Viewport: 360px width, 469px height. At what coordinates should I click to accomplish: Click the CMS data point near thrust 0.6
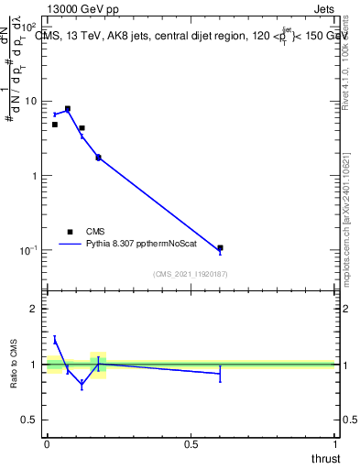point(220,247)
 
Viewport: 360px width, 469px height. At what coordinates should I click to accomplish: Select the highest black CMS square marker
point(68,108)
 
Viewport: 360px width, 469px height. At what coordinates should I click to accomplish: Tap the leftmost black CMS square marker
point(55,125)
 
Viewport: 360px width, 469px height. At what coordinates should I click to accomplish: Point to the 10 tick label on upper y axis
point(30,101)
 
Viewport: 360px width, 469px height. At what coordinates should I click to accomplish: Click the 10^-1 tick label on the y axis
point(27,249)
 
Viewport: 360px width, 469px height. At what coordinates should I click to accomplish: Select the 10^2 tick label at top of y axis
point(27,27)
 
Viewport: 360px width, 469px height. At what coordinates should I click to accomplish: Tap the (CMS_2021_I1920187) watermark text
point(191,274)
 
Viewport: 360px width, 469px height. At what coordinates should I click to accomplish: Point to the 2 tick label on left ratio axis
point(34,309)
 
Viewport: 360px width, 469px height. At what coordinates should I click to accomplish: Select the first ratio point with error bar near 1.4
point(55,340)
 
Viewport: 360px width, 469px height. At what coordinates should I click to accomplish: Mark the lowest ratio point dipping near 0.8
point(82,385)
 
